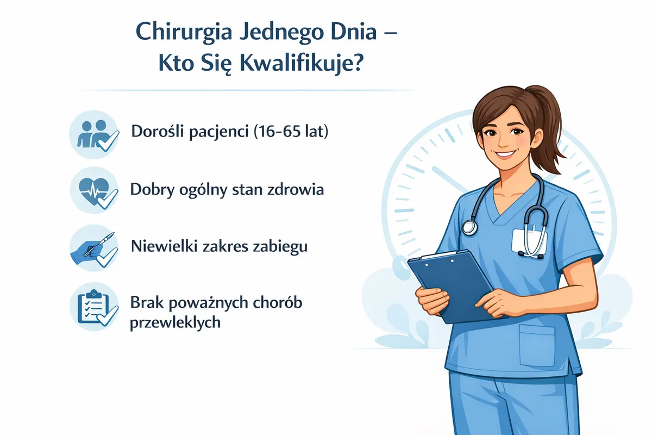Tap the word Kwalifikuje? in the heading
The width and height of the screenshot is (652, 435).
click(x=302, y=64)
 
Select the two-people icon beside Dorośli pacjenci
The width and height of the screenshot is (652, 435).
click(x=94, y=135)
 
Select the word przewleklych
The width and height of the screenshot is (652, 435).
click(x=175, y=322)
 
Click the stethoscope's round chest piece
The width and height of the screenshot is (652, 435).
click(x=469, y=227)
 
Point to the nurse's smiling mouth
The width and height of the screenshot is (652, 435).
click(x=506, y=153)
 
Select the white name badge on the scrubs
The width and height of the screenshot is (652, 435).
click(x=529, y=241)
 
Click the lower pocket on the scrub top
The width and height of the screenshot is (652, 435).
click(x=537, y=345)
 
